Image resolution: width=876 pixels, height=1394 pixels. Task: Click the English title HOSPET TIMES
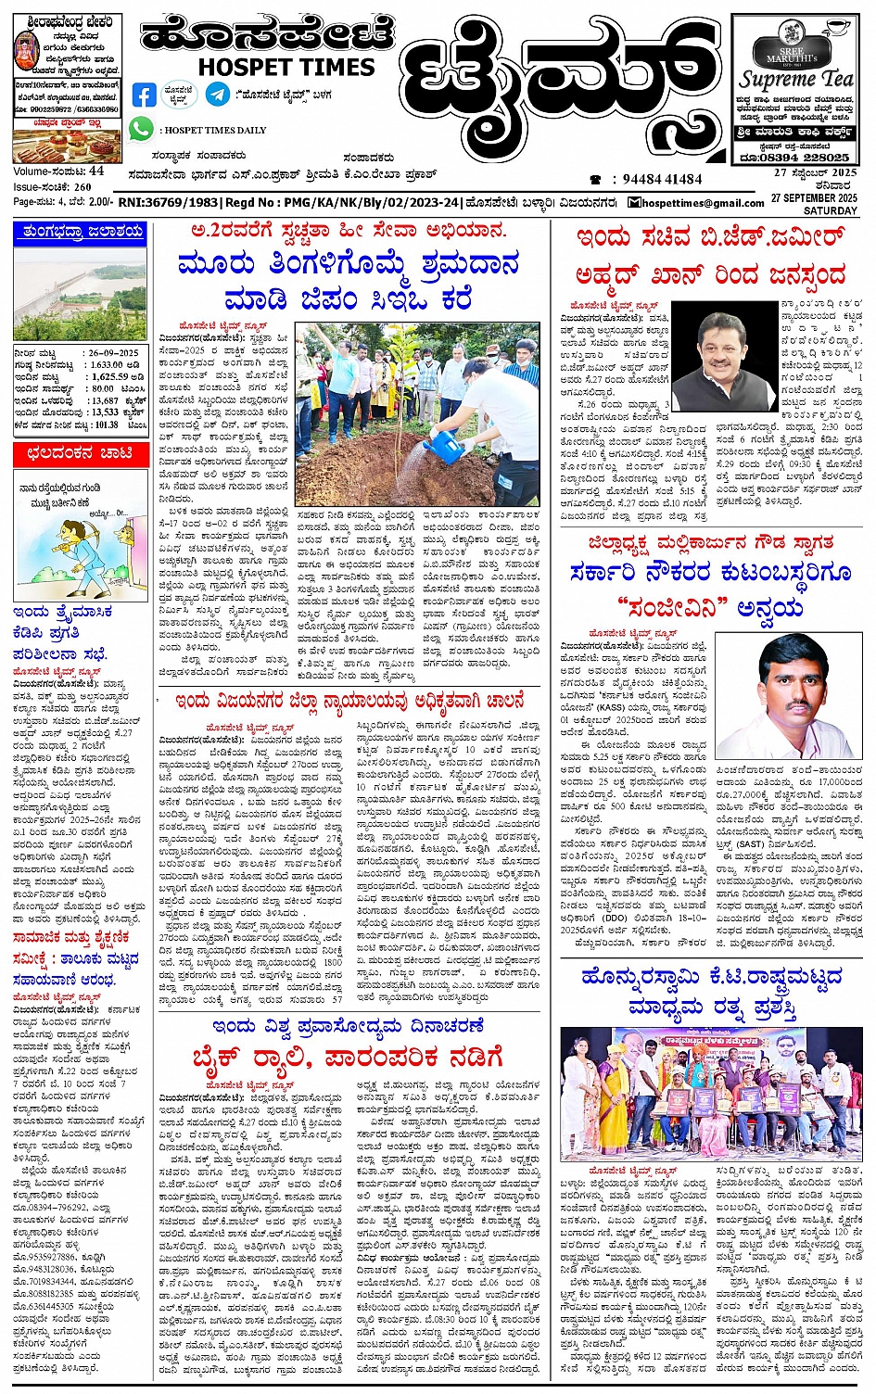coord(286,68)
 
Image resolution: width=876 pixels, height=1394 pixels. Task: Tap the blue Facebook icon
coord(145,95)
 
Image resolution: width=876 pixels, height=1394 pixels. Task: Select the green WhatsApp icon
coord(141,130)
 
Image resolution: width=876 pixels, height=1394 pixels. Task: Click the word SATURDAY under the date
coord(831,210)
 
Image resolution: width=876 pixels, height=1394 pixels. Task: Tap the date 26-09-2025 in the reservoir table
coord(115,353)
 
